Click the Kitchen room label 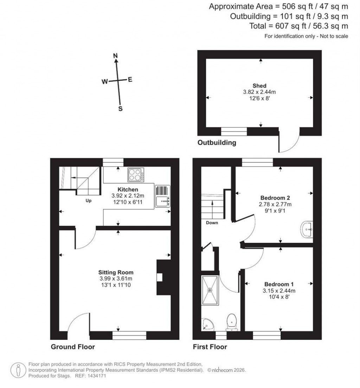click(121, 190)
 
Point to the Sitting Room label click(116, 272)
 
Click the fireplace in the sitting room click(162, 277)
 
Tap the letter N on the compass click(115, 56)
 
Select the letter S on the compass click(120, 109)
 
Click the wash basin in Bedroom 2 click(307, 230)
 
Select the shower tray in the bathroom click(210, 290)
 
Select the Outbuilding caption click(217, 143)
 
